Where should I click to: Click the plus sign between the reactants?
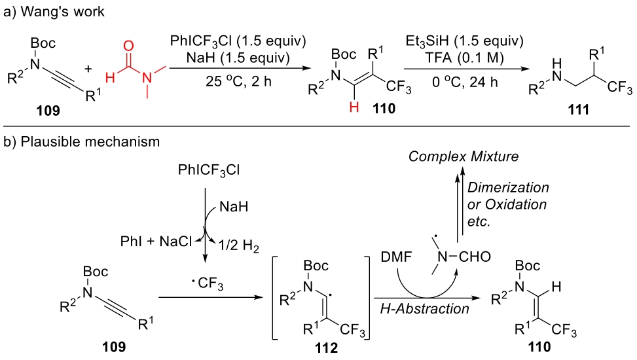click(100, 66)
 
